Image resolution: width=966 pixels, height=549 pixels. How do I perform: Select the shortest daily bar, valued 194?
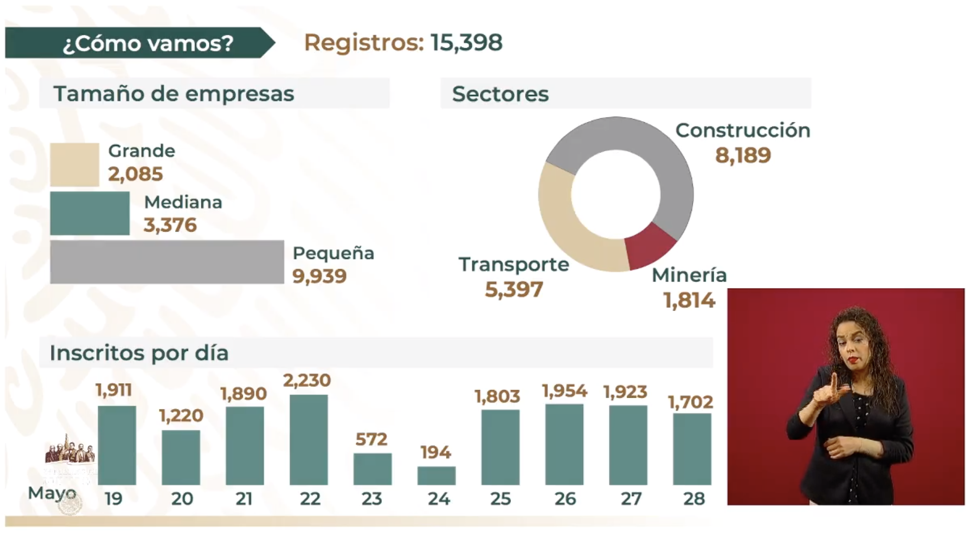click(436, 475)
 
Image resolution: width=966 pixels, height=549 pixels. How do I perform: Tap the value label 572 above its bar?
click(371, 439)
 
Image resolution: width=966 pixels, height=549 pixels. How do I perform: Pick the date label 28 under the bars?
click(693, 499)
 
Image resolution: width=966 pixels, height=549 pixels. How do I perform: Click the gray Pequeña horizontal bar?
click(167, 262)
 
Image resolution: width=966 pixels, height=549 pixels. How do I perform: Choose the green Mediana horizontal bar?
click(90, 213)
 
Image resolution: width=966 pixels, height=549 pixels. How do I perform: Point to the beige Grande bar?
click(74, 165)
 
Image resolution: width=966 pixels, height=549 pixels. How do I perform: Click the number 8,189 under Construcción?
click(743, 155)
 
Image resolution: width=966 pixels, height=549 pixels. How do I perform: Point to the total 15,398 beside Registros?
click(466, 43)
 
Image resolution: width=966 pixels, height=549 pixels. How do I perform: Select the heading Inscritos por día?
click(139, 353)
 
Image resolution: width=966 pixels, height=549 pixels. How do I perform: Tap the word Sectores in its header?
click(500, 94)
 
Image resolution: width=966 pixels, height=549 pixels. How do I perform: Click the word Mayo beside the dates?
click(52, 493)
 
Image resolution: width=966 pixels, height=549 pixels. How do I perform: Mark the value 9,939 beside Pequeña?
click(319, 276)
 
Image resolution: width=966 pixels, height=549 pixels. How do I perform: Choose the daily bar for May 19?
click(117, 445)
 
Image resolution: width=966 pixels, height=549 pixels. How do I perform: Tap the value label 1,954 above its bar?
click(564, 391)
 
